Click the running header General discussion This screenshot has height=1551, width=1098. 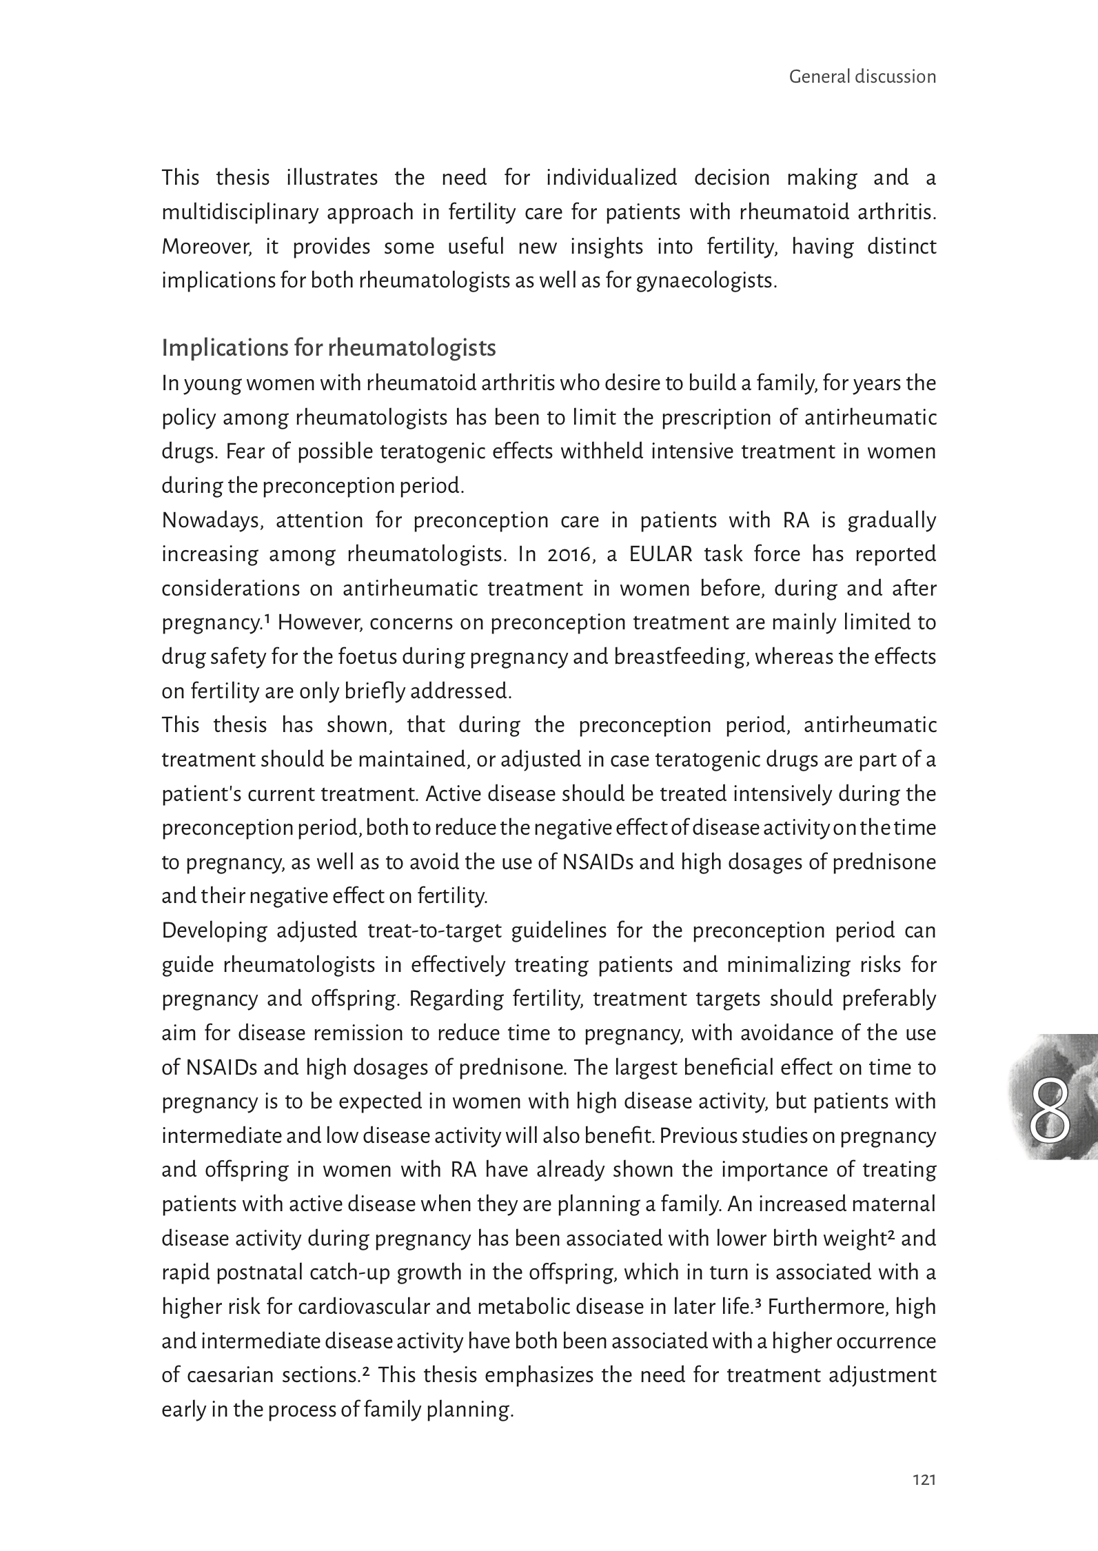(x=862, y=77)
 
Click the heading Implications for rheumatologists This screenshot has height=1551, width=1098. (x=328, y=349)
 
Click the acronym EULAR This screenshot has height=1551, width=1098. (x=660, y=554)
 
